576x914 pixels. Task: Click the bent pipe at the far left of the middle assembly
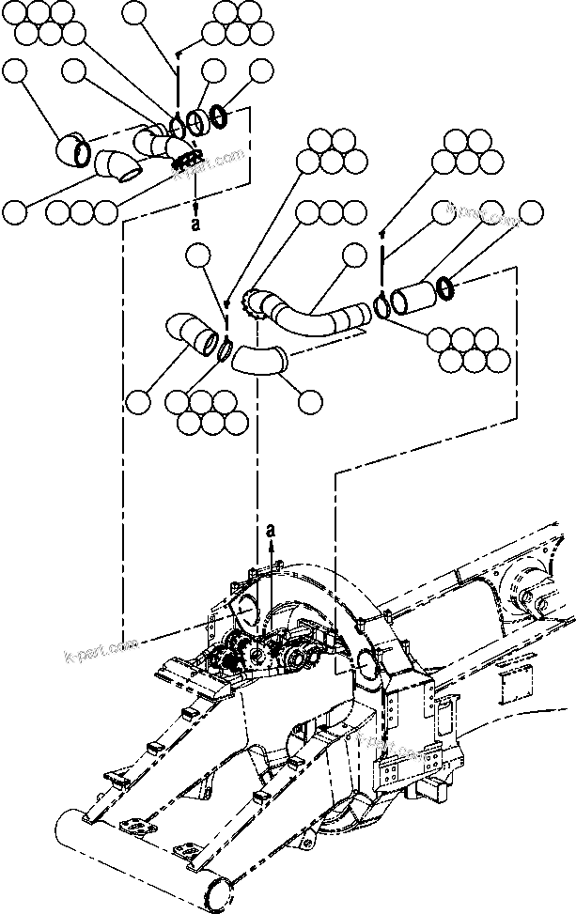click(x=193, y=333)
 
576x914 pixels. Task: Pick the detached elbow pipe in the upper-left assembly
click(x=117, y=169)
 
